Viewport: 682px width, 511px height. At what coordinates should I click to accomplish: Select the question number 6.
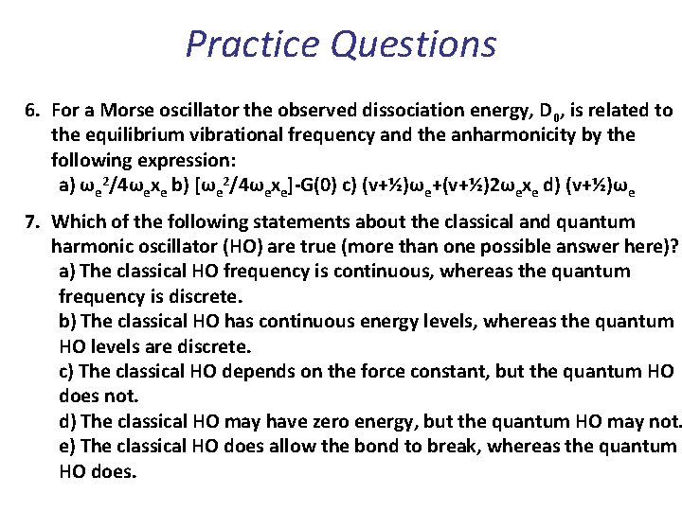pyautogui.click(x=31, y=111)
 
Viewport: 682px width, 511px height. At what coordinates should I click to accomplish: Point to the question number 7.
pyautogui.click(x=31, y=222)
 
